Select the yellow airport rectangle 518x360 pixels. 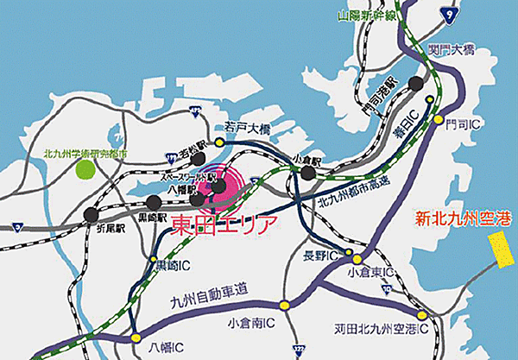tap(500, 250)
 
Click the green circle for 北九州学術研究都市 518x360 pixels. tap(85, 168)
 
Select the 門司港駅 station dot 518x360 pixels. tap(416, 83)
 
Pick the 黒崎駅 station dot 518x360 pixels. tap(155, 203)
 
